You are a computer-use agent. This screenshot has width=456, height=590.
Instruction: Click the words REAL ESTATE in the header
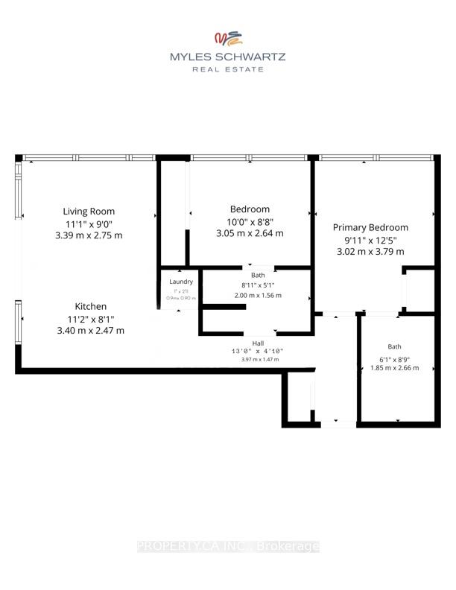coord(228,69)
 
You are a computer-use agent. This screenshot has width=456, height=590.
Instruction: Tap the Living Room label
coord(89,211)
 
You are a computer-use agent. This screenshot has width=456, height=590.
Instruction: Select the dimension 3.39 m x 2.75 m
coord(89,235)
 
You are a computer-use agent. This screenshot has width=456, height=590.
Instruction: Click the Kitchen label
coord(90,306)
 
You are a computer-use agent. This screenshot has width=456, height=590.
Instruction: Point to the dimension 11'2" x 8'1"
coord(90,318)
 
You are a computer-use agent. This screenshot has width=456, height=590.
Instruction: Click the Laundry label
coord(181,282)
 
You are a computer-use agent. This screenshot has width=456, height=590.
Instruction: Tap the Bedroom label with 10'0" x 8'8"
coord(250,209)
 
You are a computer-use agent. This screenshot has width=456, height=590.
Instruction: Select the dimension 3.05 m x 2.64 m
coord(250,232)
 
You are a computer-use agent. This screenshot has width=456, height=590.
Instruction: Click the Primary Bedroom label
coord(370,227)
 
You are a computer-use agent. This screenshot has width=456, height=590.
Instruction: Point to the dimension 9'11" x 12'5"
coord(370,239)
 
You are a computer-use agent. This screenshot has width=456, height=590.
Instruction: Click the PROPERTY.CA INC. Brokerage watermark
coord(228,547)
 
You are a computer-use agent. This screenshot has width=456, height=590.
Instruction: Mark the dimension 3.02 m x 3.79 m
coord(370,252)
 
